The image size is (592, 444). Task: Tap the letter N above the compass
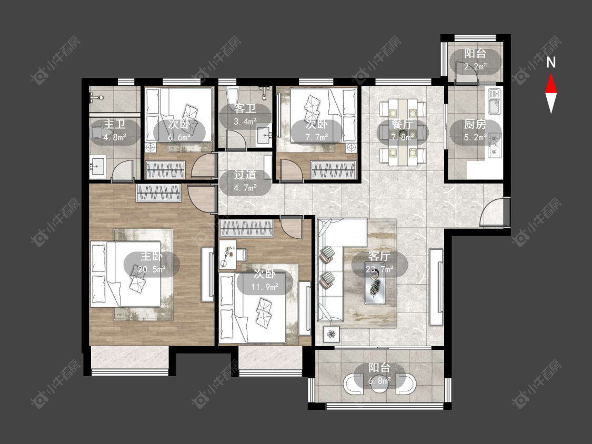click(551, 62)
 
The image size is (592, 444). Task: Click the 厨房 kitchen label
click(475, 124)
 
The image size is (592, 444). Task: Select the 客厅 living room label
click(379, 256)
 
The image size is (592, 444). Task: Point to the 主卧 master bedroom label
click(152, 256)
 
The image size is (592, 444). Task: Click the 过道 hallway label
click(245, 175)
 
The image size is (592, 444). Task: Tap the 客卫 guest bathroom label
click(245, 109)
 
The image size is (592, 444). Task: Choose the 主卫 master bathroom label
click(115, 124)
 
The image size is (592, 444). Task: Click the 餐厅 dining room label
click(403, 124)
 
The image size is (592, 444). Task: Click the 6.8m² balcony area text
click(379, 381)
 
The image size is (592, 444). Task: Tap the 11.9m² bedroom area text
click(265, 287)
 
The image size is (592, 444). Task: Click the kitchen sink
click(494, 101)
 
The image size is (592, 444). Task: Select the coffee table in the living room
click(375, 288)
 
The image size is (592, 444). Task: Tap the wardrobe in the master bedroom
click(159, 193)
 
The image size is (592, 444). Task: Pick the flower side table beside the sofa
click(331, 334)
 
